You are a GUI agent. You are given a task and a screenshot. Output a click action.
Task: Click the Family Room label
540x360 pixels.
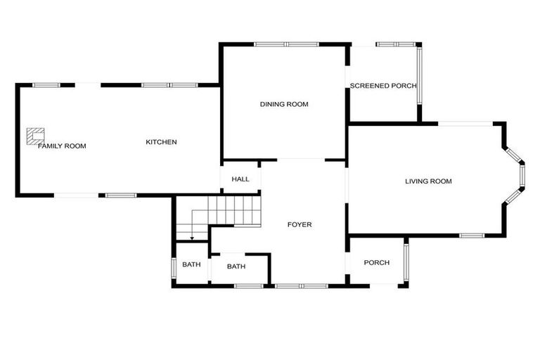[x=62, y=146]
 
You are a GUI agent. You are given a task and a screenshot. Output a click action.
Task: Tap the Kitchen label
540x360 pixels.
[x=161, y=142]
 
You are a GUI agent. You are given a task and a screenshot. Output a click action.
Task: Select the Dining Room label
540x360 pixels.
[x=284, y=104]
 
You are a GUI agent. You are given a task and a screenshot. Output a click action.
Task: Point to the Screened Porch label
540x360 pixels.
[x=383, y=86]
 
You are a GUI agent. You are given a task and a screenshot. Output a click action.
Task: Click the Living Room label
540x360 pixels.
[x=428, y=181]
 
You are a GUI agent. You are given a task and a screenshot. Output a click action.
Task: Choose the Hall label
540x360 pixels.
[x=240, y=179]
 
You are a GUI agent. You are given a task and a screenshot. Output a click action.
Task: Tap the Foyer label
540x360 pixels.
[x=300, y=224]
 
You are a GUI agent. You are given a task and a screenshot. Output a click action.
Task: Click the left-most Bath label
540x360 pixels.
[x=191, y=264]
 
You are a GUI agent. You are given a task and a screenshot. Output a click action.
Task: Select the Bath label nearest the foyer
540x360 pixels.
[x=236, y=266]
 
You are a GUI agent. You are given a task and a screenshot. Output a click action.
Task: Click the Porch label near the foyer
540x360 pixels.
[x=376, y=263]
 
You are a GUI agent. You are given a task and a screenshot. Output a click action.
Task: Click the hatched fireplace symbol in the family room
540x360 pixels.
[x=35, y=134]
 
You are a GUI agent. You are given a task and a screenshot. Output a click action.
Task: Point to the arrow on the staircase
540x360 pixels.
[x=192, y=238]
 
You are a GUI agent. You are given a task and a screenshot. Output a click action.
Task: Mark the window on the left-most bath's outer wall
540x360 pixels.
[x=174, y=268]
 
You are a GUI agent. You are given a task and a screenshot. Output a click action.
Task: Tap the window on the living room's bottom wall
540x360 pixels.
[x=472, y=236]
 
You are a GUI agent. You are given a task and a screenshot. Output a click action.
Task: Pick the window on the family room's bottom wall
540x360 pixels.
[x=121, y=195]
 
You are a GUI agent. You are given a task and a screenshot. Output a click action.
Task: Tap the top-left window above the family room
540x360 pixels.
[x=46, y=85]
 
